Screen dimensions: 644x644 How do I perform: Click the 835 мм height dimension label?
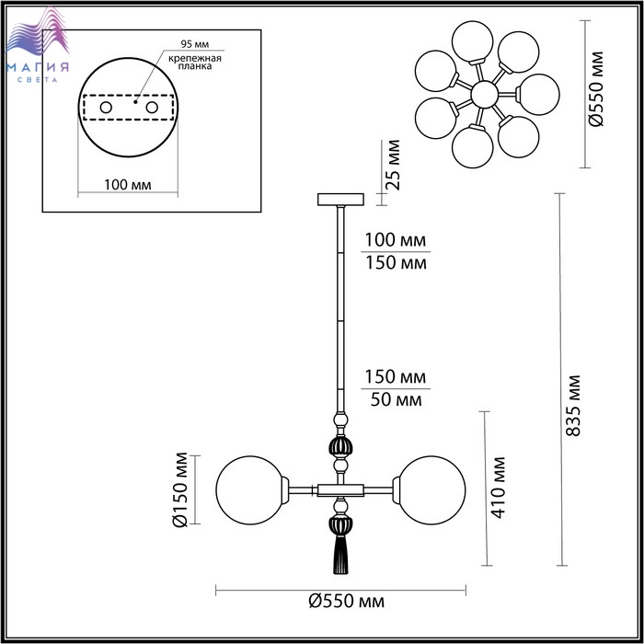(574, 405)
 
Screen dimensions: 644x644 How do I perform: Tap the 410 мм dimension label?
(499, 488)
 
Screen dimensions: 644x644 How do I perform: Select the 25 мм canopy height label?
(393, 165)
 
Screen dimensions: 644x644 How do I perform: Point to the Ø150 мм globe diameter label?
(180, 489)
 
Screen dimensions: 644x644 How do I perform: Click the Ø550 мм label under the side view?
(347, 602)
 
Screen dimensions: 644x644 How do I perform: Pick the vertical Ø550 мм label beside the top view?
(596, 88)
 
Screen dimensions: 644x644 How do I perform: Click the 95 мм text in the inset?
(195, 44)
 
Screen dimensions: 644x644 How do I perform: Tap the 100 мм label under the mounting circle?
(127, 185)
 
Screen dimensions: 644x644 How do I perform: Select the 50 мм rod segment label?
(396, 399)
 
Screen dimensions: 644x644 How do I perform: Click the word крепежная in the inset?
(195, 58)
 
